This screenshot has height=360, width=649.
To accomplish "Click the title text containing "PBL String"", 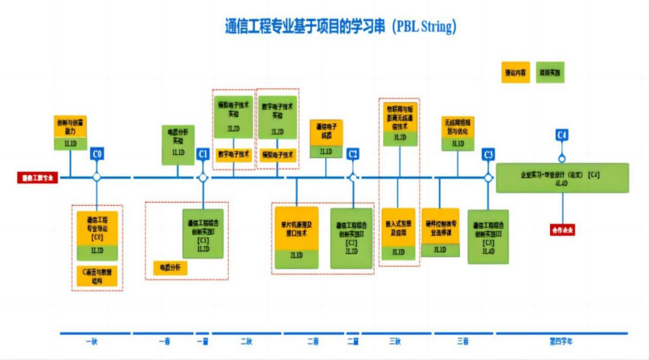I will [340, 26].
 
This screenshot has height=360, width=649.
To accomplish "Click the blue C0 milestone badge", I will [97, 153].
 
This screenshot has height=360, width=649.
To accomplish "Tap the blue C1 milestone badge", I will [203, 153].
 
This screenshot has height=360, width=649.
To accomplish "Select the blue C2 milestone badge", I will [353, 153].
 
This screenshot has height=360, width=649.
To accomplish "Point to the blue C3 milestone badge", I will [488, 153].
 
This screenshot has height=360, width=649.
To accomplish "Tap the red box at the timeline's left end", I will [38, 177].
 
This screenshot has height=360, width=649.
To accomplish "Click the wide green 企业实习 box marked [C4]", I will [561, 178].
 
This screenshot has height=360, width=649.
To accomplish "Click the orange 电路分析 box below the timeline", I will [170, 267].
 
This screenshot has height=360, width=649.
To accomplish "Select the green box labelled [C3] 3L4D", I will [488, 237].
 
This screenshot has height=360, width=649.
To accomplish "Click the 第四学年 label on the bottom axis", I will [561, 341].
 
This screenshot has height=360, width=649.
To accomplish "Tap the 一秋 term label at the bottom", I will [91, 341].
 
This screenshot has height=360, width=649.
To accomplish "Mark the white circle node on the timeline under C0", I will [97, 177].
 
